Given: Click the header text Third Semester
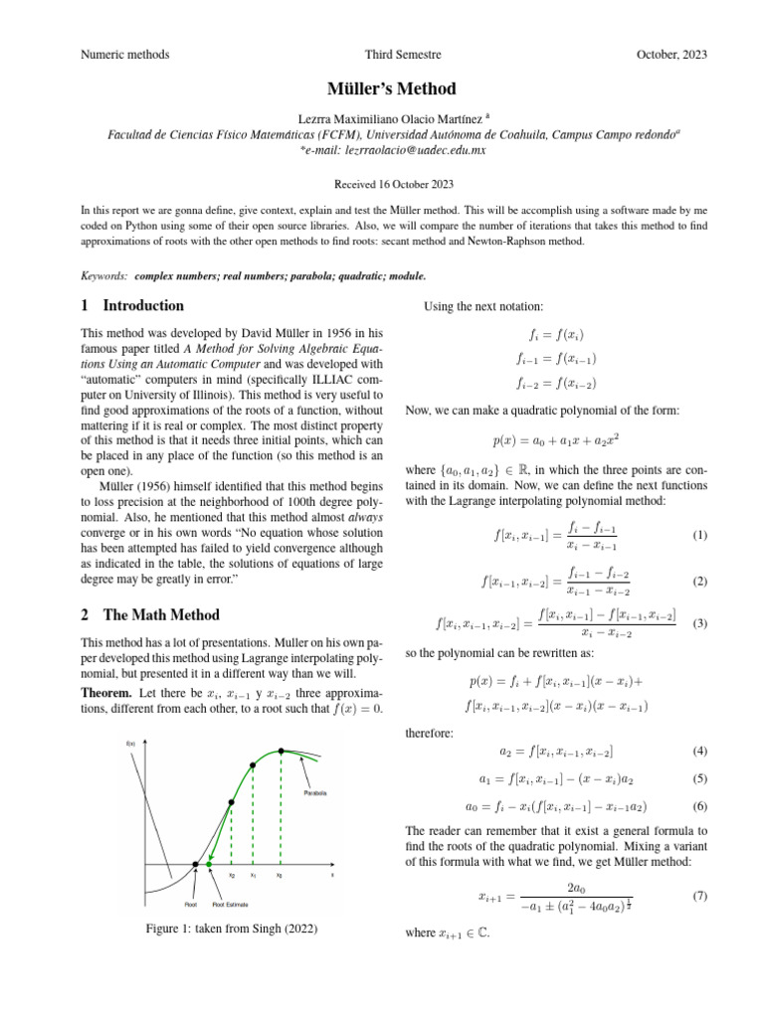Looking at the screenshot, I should pyautogui.click(x=403, y=55).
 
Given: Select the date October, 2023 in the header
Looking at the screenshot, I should pyautogui.click(x=671, y=55).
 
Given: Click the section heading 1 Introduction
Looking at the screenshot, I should pyautogui.click(x=131, y=306).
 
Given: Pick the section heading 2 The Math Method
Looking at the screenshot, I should pyautogui.click(x=149, y=614).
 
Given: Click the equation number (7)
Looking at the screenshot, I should pyautogui.click(x=699, y=896).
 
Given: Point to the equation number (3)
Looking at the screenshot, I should pyautogui.click(x=699, y=623).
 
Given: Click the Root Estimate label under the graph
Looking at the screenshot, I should pyautogui.click(x=230, y=905).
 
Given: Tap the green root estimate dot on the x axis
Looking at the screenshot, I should pyautogui.click(x=210, y=867).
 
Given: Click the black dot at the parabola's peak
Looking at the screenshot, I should pyautogui.click(x=282, y=751).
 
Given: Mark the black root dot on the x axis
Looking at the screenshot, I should pyautogui.click(x=195, y=866).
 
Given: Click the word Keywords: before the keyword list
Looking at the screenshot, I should pyautogui.click(x=103, y=274).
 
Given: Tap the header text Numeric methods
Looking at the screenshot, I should pyautogui.click(x=124, y=55).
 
